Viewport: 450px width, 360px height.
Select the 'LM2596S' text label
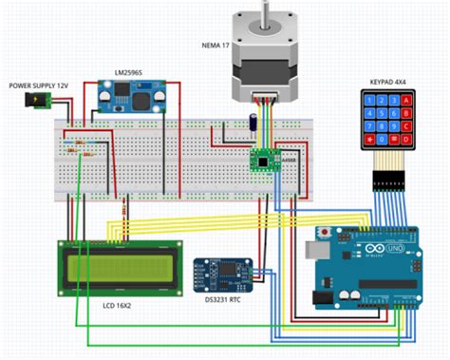point(130,73)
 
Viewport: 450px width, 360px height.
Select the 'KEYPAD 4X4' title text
point(386,83)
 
